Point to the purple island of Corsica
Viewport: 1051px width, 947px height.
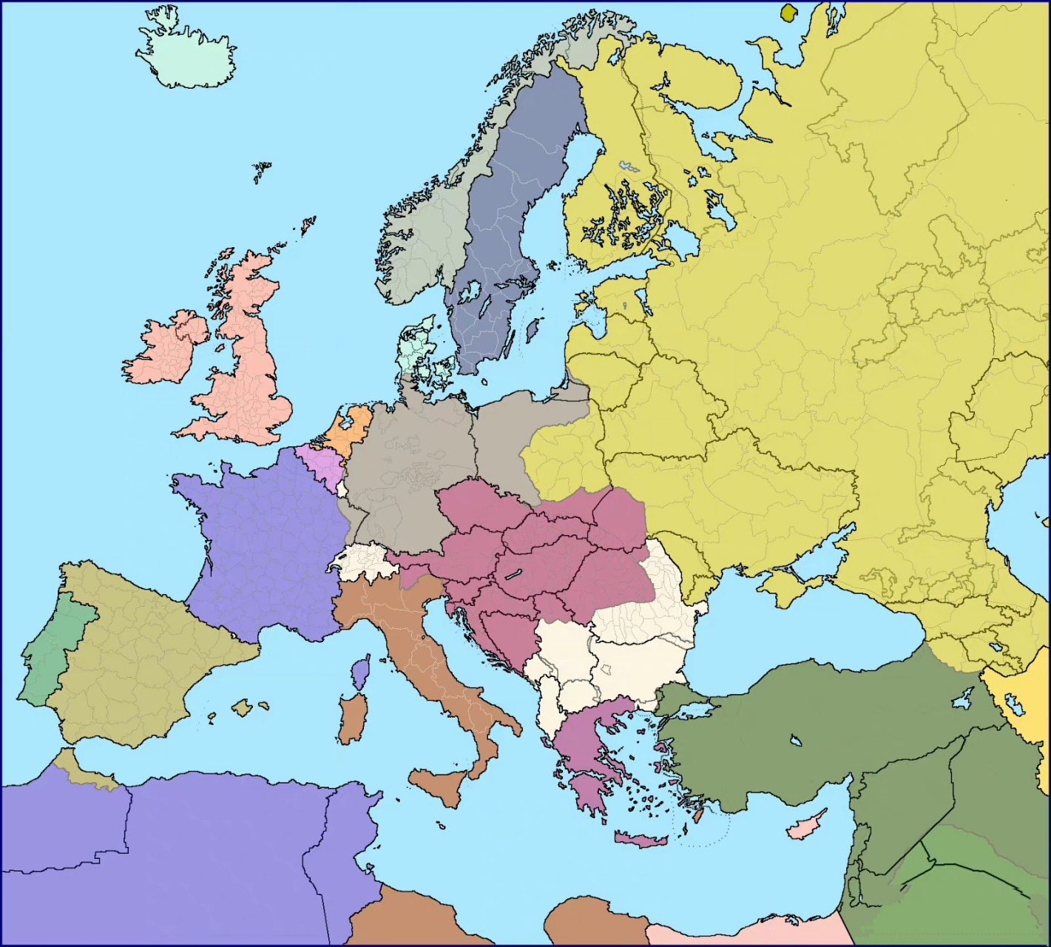(x=361, y=674)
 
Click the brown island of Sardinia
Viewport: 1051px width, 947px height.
(x=353, y=718)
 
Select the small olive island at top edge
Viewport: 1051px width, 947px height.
(x=790, y=13)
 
